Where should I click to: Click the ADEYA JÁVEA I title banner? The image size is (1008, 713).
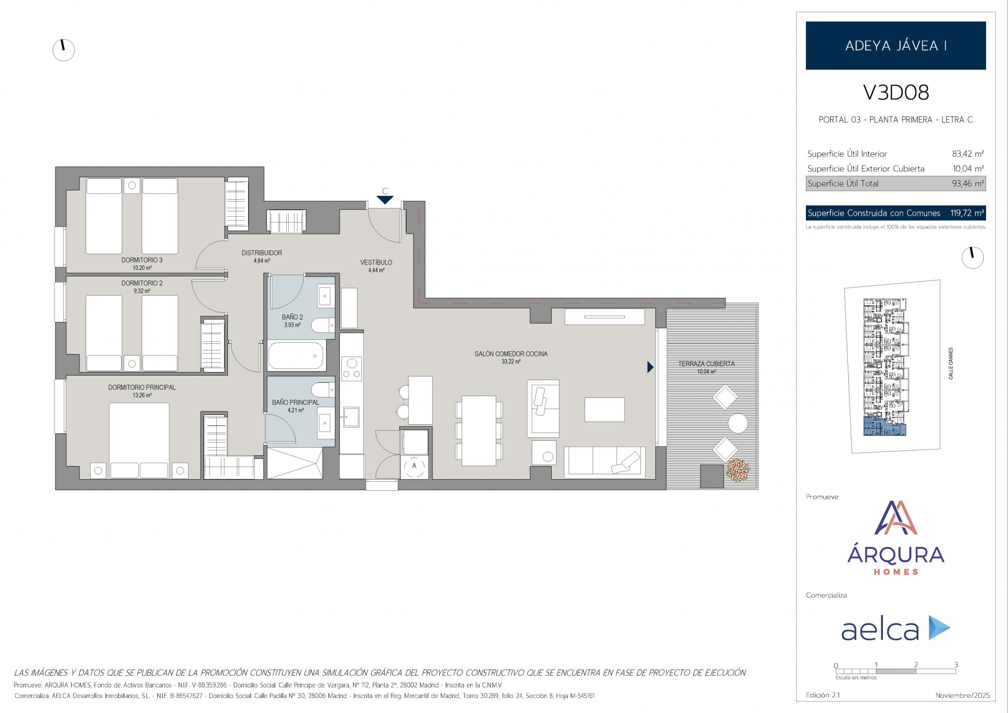[896, 45]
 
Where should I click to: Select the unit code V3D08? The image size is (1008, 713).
[896, 93]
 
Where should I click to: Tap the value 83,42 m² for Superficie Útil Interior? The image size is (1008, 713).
[968, 154]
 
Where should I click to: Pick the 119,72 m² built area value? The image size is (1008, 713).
[967, 213]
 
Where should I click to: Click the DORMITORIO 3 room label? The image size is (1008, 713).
[142, 260]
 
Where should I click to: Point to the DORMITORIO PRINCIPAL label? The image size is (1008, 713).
[142, 387]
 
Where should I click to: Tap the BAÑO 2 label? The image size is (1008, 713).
[292, 317]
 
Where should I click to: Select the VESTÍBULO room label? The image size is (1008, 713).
[376, 263]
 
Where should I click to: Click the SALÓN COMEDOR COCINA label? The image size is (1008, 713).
[511, 354]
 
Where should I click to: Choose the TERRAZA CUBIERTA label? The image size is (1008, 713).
[707, 364]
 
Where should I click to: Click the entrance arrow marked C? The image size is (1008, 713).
[385, 200]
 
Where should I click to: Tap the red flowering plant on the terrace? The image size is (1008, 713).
[738, 470]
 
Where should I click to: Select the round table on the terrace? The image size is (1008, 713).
[738, 423]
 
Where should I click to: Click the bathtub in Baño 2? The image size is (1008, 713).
[296, 356]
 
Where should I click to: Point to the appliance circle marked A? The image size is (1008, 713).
[414, 466]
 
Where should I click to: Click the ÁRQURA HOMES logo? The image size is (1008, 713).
[896, 538]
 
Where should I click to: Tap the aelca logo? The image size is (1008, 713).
[896, 628]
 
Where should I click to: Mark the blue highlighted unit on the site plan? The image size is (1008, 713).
[884, 426]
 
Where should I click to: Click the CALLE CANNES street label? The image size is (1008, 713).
[951, 363]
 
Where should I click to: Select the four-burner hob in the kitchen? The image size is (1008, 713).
[352, 369]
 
